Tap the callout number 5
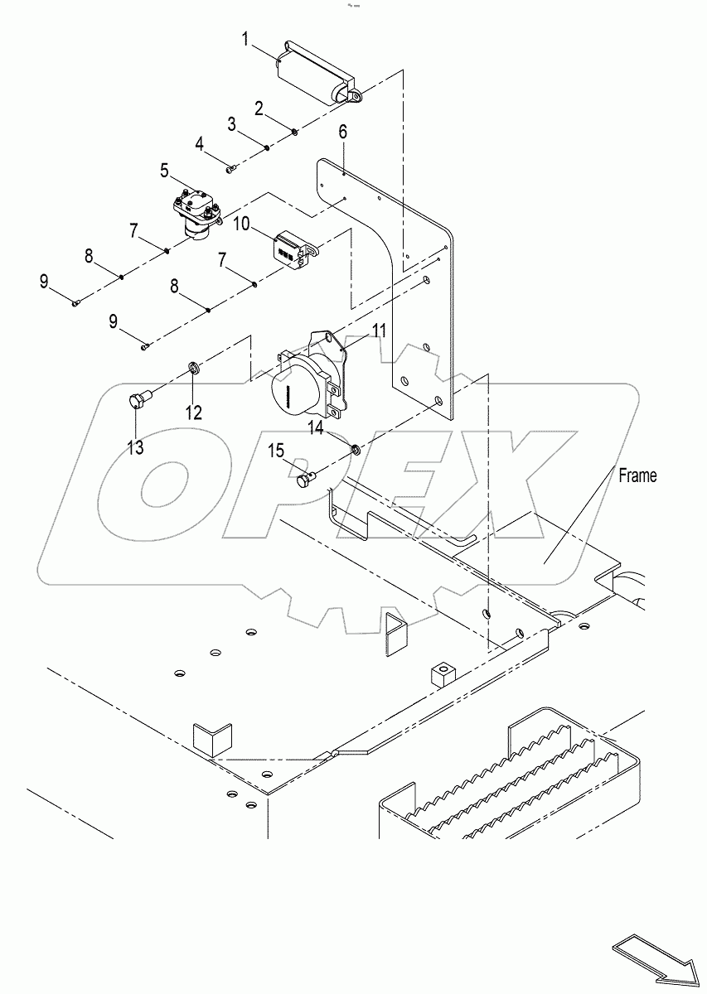165,171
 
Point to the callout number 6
342,132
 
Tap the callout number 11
379,331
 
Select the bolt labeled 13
138,400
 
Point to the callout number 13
135,447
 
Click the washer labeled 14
354,450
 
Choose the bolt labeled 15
306,477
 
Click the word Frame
638,475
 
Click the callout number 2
259,108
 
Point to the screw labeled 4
231,169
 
